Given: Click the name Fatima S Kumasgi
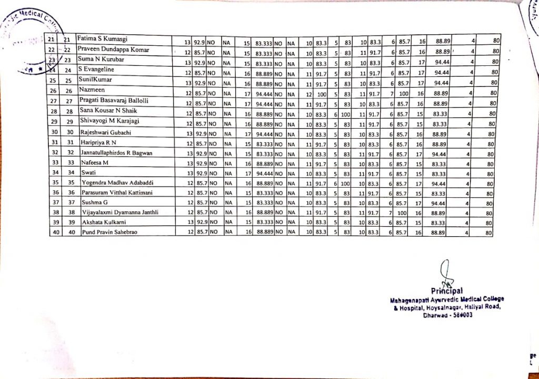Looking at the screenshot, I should [x=103, y=39].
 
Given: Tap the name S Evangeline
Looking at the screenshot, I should [x=98, y=69].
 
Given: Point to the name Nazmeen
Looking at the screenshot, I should [x=92, y=90].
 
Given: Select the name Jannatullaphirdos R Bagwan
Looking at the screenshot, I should [x=116, y=152].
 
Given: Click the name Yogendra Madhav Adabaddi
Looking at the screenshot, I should [x=116, y=182].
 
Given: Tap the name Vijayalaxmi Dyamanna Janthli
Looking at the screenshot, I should [x=119, y=212].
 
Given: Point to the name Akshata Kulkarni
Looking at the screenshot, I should [x=104, y=222].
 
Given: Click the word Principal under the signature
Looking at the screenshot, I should [x=447, y=290].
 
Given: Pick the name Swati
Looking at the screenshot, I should [x=89, y=172].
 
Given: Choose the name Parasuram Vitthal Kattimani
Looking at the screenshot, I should [x=117, y=192].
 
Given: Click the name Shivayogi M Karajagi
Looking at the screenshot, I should [x=108, y=121].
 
